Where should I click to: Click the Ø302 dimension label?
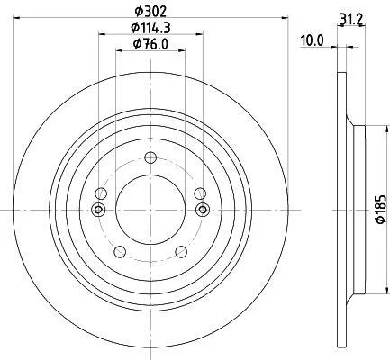(x=150, y=12)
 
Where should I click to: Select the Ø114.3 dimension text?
(x=150, y=28)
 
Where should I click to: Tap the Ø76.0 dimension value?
(x=150, y=44)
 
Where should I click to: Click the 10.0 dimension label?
(x=313, y=40)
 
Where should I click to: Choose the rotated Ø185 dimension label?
(x=381, y=209)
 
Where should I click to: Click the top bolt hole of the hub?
(x=150, y=157)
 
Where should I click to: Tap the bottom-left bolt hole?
(x=120, y=251)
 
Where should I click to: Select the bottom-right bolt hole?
(x=181, y=251)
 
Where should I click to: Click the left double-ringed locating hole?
(x=98, y=210)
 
